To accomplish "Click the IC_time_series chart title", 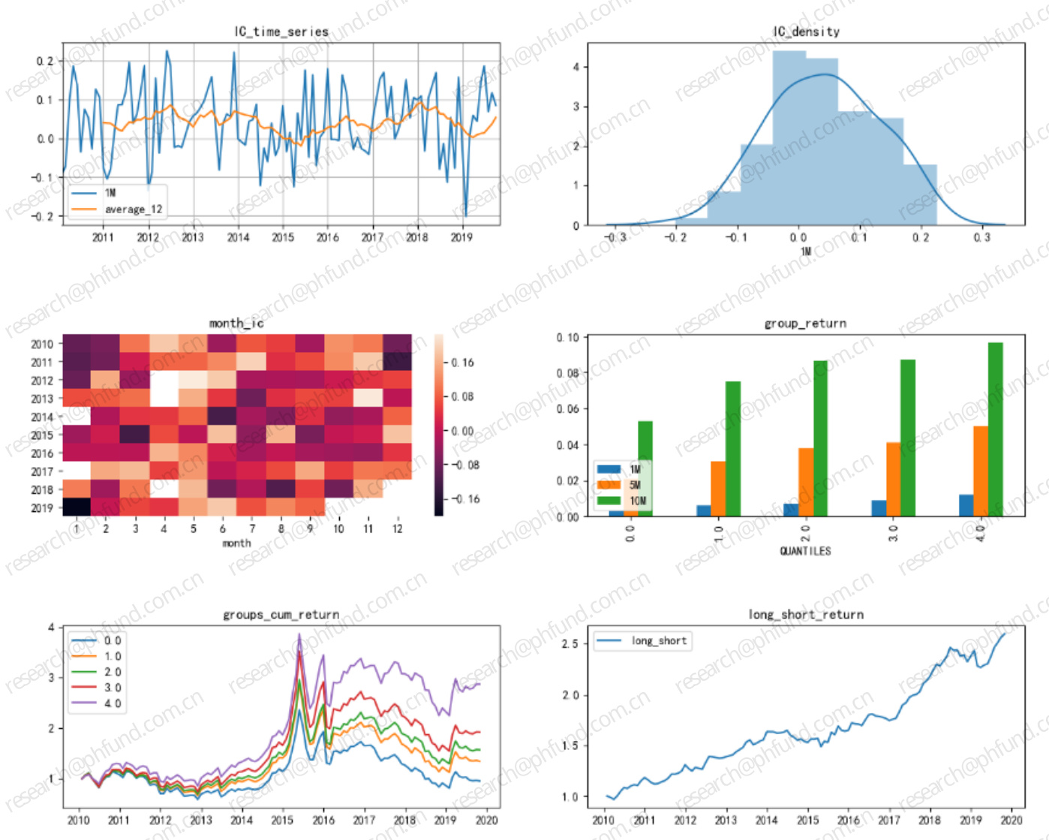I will coord(281,32).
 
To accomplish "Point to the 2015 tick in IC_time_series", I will coord(283,237).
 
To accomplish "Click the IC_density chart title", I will coord(806,32).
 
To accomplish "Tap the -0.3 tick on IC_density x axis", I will coord(615,237).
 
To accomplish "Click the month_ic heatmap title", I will coord(236,323).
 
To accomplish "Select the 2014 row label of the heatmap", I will coord(42,417).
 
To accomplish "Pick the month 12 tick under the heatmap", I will coord(397,528).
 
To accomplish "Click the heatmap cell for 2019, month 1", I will coord(77,507).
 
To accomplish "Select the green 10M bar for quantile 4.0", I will coord(996,429).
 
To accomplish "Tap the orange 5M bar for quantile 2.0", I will coord(806,482).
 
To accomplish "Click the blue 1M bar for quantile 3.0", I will coord(879,508).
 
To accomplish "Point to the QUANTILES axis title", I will coord(805,551).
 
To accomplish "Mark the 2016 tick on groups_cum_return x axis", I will coord(324,820).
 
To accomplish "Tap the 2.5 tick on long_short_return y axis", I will coord(570,644).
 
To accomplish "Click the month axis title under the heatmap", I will coord(236,543).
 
